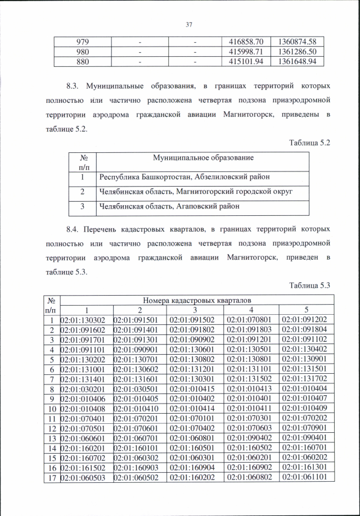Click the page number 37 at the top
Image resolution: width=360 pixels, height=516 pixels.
pyautogui.click(x=189, y=24)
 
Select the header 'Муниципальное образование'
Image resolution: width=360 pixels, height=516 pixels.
pyautogui.click(x=203, y=158)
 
